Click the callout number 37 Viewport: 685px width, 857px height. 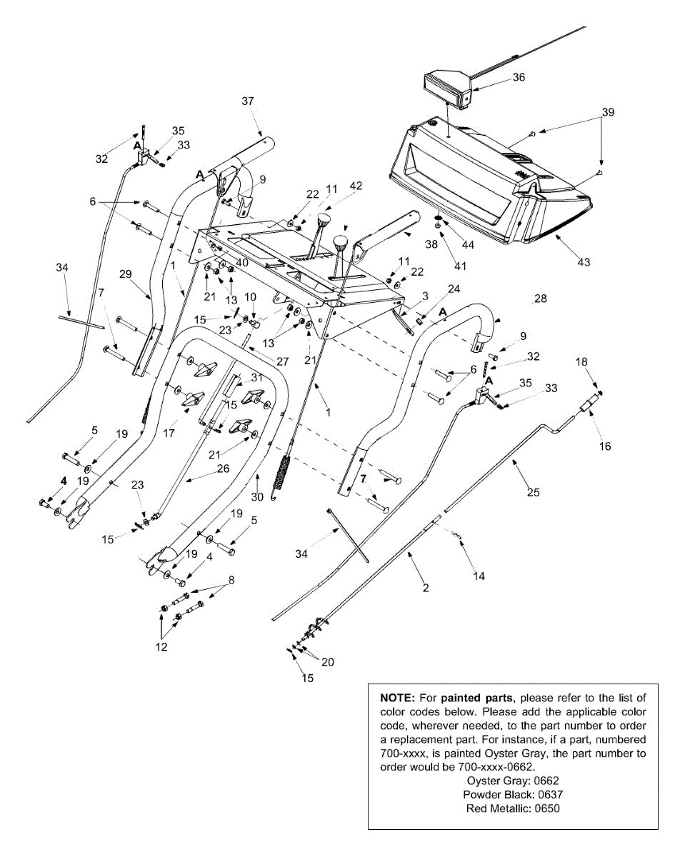248,101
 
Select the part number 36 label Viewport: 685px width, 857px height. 519,77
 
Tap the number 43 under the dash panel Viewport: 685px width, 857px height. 584,262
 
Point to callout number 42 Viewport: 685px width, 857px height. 356,186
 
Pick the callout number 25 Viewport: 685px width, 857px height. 534,492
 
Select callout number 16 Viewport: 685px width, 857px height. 605,446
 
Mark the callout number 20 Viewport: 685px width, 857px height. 328,662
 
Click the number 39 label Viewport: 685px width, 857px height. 608,112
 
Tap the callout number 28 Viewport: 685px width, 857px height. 541,299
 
